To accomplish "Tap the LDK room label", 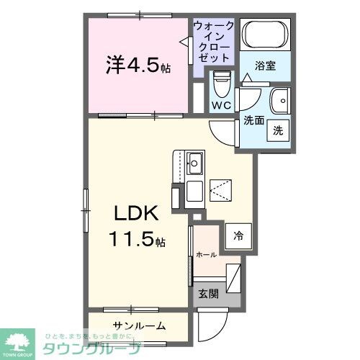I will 132,214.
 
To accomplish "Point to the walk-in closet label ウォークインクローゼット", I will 213,41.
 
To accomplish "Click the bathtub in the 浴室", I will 263,35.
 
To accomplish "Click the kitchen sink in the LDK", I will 195,161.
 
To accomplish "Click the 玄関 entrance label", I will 207,294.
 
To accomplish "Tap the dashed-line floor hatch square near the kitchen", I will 220,189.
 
